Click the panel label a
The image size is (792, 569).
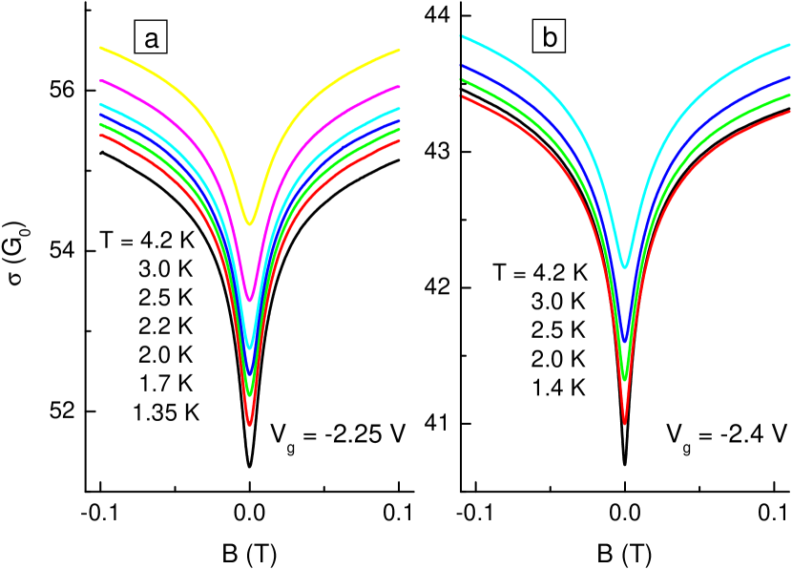[x=151, y=38]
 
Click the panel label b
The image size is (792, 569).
[x=550, y=37]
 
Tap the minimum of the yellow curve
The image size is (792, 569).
[x=250, y=223]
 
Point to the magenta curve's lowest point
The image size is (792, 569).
[x=250, y=300]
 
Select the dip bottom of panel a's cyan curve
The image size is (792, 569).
[x=250, y=347]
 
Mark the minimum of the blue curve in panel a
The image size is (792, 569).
[x=250, y=371]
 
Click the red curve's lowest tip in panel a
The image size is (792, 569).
[x=250, y=424]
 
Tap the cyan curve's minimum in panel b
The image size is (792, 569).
[x=625, y=266]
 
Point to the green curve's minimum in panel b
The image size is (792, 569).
[x=625, y=378]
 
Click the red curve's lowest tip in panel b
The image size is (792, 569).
[x=625, y=422]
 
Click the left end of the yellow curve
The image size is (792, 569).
[x=101, y=47]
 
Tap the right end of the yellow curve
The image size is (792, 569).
[x=398, y=51]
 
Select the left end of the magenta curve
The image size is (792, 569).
[x=101, y=81]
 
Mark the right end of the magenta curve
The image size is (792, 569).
[x=398, y=87]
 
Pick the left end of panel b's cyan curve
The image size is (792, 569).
[x=463, y=36]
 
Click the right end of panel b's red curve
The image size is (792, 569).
[x=790, y=111]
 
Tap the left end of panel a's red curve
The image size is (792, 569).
[x=101, y=135]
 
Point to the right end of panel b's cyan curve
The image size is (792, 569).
[x=790, y=44]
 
